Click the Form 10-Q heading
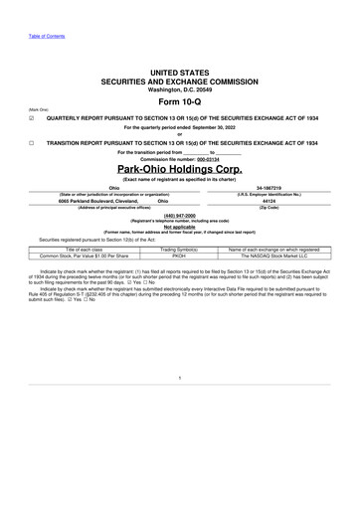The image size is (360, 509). click(x=180, y=103)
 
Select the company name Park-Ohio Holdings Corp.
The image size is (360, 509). click(x=180, y=170)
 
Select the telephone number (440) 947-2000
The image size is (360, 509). click(x=180, y=214)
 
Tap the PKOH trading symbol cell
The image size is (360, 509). click(x=180, y=254)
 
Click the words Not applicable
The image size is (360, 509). click(x=180, y=226)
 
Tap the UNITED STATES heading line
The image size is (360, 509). click(x=180, y=74)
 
